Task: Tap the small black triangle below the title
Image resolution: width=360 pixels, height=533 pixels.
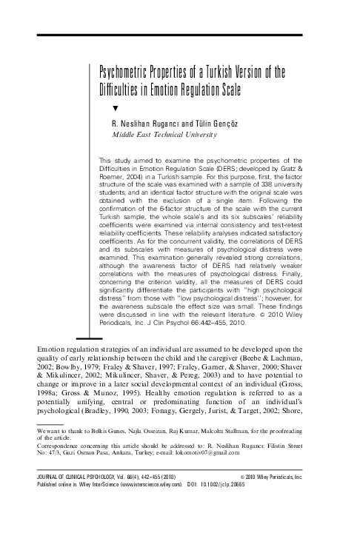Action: point(114,107)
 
